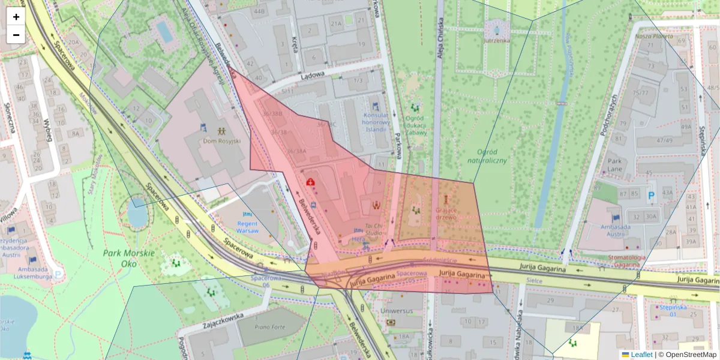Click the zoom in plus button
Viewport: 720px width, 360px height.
pos(16,17)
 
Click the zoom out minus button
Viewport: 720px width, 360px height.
pos(16,35)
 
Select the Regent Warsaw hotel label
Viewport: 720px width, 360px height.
pos(247,227)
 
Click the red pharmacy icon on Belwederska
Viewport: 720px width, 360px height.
pos(311,182)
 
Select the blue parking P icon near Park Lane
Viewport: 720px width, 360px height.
pos(652,195)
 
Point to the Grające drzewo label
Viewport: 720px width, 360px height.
pos(446,214)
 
